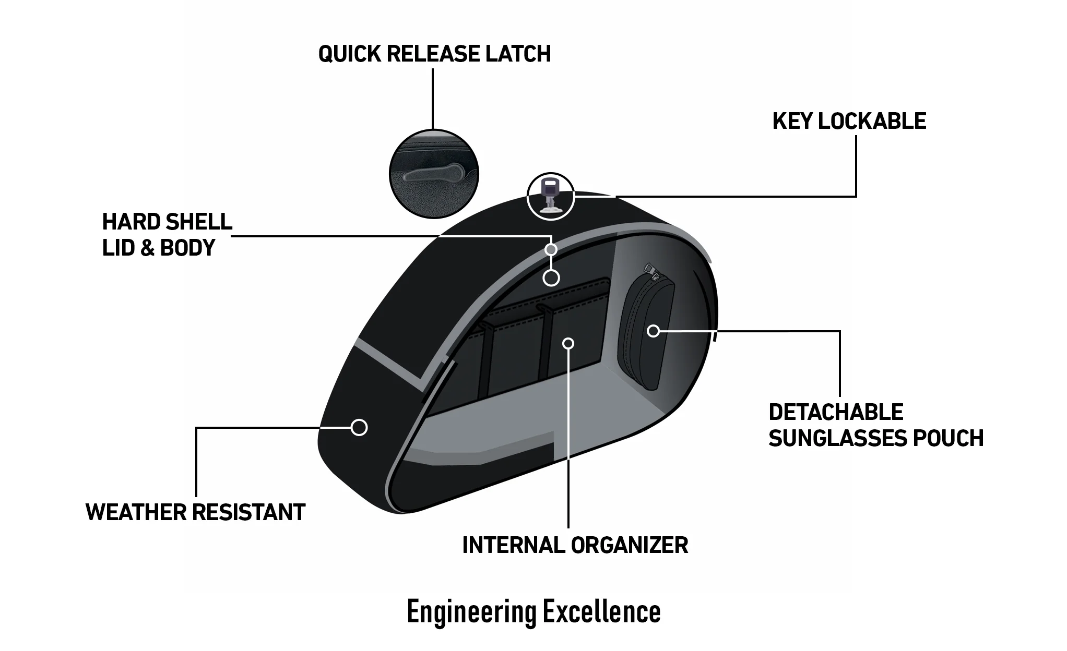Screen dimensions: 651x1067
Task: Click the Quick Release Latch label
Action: point(434,54)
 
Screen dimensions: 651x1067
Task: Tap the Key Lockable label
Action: point(849,121)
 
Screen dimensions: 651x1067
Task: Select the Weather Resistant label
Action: point(195,512)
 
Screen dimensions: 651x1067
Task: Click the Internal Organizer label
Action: point(575,545)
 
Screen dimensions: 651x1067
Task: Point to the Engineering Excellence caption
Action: point(533,612)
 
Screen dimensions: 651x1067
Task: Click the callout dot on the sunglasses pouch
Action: point(653,331)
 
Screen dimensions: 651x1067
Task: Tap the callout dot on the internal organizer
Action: point(569,343)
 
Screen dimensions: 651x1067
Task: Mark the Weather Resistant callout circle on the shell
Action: point(359,427)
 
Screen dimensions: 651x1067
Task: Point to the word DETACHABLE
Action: point(836,412)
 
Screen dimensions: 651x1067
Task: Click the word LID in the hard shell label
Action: point(118,248)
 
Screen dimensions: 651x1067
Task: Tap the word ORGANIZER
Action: point(629,545)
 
